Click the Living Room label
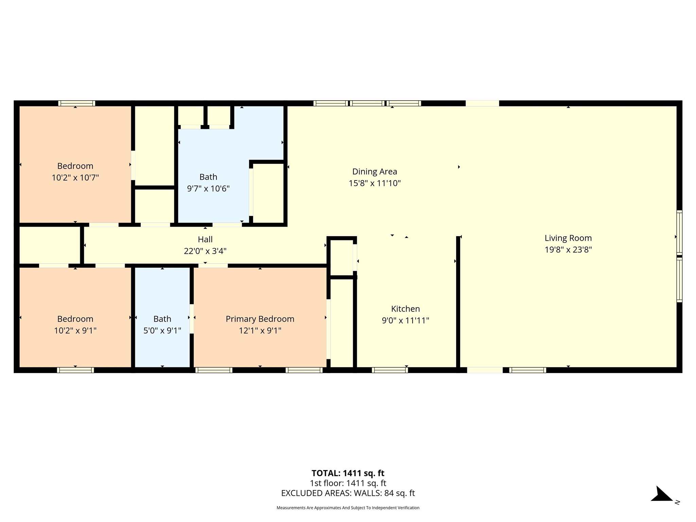(568, 238)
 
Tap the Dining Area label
(375, 172)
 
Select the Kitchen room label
(405, 309)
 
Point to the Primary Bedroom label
(260, 319)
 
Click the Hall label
(205, 239)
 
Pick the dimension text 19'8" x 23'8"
(568, 250)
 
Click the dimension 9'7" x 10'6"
(208, 189)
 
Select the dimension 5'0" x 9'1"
(162, 331)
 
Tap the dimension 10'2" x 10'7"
(75, 178)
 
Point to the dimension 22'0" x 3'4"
(205, 251)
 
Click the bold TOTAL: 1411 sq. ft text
(348, 473)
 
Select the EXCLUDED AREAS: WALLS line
(348, 493)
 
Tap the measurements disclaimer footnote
(348, 508)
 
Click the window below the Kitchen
(390, 370)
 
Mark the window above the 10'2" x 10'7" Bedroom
(76, 103)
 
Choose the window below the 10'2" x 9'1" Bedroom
(75, 370)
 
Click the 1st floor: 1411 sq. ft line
(348, 483)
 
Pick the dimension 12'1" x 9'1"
(260, 331)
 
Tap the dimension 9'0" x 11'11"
(405, 320)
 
